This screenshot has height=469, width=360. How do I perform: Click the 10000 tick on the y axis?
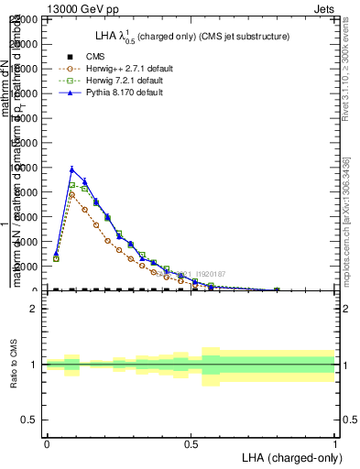(27, 168)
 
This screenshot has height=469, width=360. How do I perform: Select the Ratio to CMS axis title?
(14, 365)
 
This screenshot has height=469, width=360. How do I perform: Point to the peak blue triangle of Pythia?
(72, 169)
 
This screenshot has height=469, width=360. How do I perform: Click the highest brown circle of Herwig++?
(72, 194)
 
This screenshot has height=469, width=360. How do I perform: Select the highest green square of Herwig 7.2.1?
(72, 185)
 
